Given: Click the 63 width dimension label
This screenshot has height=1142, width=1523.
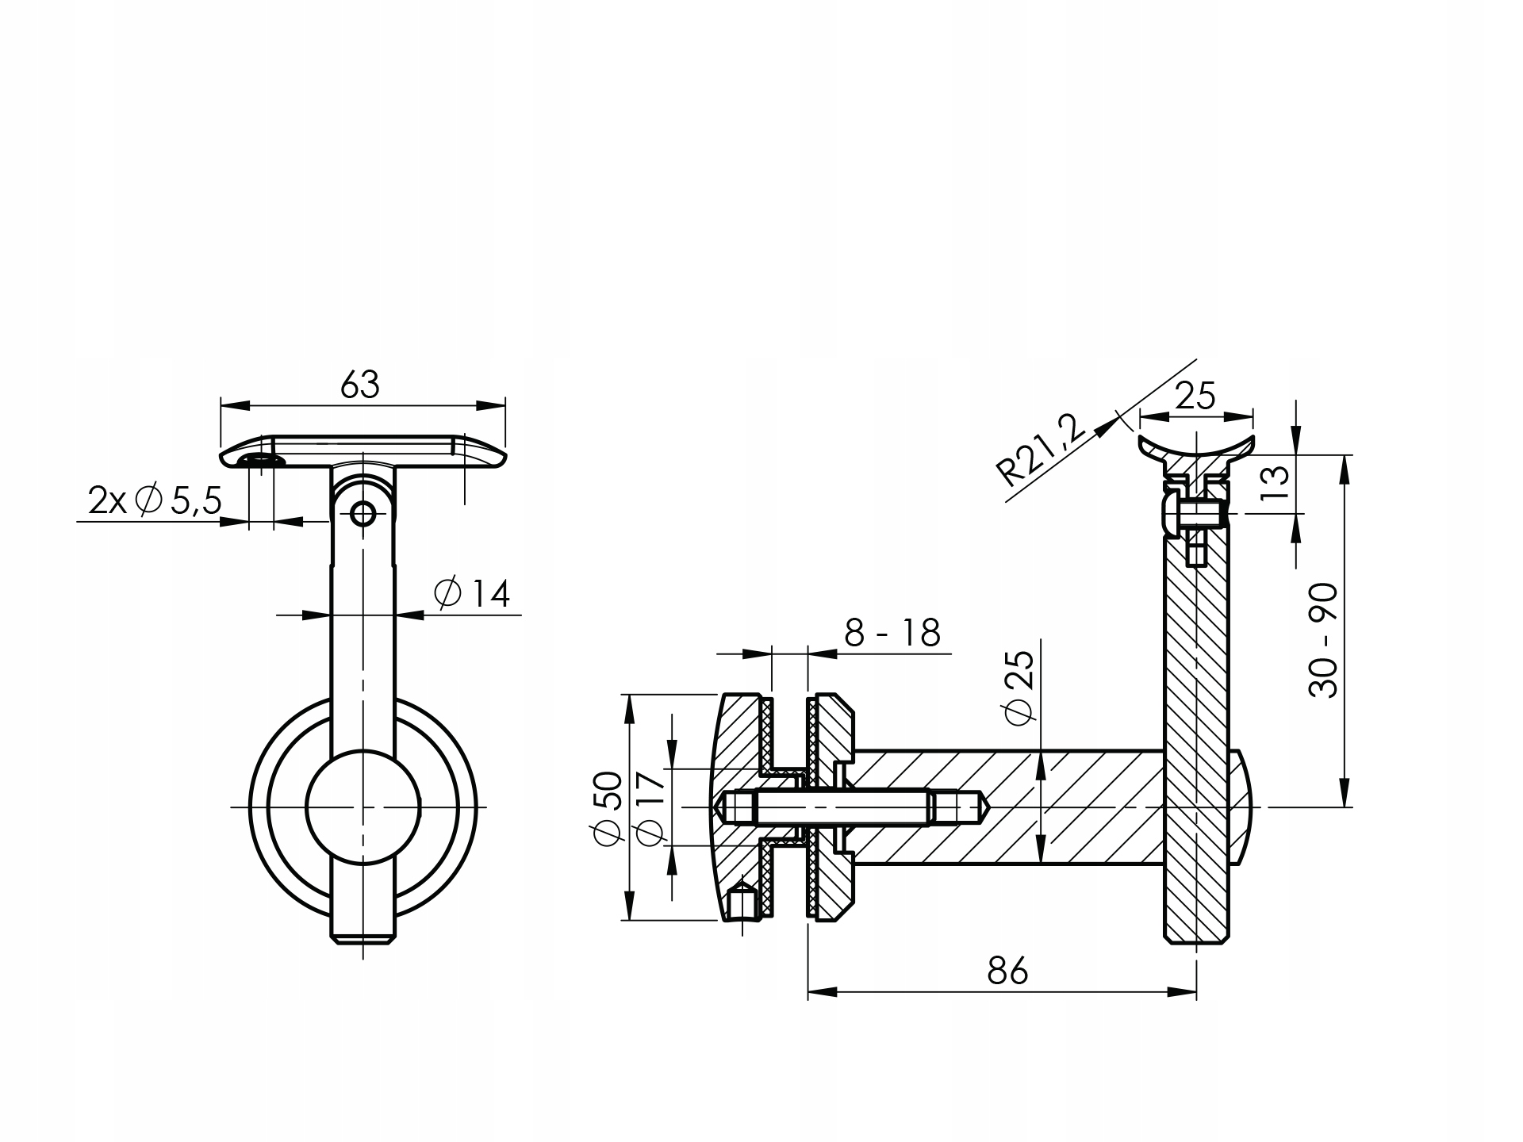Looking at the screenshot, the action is (x=361, y=385).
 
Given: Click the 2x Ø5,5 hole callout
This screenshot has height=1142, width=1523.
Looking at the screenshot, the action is (x=155, y=501).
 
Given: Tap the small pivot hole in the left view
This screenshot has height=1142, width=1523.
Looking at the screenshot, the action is (x=363, y=514).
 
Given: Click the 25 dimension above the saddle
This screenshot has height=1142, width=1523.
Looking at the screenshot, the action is (x=1195, y=395).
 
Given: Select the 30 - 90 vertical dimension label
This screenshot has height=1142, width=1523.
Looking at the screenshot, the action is (x=1323, y=641).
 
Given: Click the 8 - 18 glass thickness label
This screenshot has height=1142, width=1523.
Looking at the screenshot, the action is (x=892, y=633).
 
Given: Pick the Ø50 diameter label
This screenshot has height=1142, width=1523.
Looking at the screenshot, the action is (x=608, y=808).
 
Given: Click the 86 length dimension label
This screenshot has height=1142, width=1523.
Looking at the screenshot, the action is (x=1007, y=970).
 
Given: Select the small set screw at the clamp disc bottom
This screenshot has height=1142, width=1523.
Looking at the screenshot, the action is (x=742, y=904).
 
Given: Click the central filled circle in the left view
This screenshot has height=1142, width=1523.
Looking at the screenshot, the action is (x=363, y=807).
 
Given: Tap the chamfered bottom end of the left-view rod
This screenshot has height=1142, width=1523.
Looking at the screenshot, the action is (x=363, y=941).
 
